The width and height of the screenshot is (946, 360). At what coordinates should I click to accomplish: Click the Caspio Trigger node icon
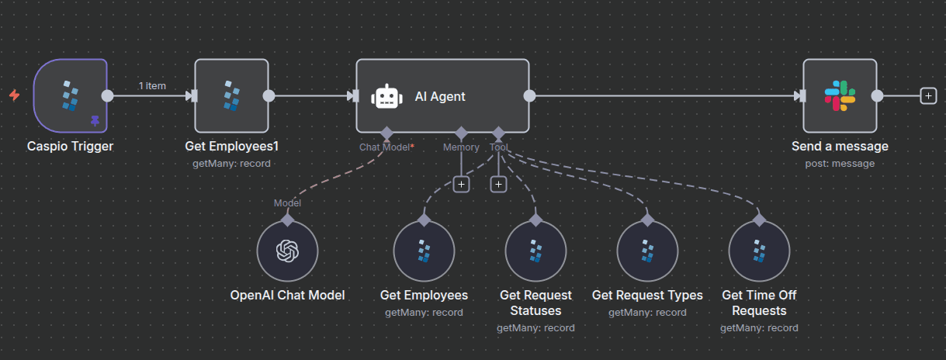[71, 95]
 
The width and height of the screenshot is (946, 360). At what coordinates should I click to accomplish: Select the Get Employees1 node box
[231, 95]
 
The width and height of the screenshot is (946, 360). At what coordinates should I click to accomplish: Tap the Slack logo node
[840, 95]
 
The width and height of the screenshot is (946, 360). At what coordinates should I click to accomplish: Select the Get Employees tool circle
[424, 251]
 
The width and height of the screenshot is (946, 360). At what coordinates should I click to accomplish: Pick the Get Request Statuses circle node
[535, 251]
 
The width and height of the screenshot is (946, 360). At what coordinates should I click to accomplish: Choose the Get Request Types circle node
[647, 251]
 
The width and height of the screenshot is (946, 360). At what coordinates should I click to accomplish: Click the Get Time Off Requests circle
[759, 251]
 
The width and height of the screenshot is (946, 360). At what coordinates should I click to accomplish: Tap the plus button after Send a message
[927, 95]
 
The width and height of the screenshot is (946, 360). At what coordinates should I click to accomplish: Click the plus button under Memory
[461, 184]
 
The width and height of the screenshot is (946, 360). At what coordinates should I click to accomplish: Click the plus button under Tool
[498, 184]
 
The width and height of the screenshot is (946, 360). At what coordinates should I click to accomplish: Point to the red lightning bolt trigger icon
[14, 95]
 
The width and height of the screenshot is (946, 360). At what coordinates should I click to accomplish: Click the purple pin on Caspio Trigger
[95, 120]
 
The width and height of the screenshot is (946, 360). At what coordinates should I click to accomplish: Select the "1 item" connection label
[152, 85]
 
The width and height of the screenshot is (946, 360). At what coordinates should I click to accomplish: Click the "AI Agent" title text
[440, 96]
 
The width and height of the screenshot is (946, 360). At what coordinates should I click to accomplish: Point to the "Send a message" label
[840, 146]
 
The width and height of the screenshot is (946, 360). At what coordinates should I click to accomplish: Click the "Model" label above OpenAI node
[287, 202]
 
